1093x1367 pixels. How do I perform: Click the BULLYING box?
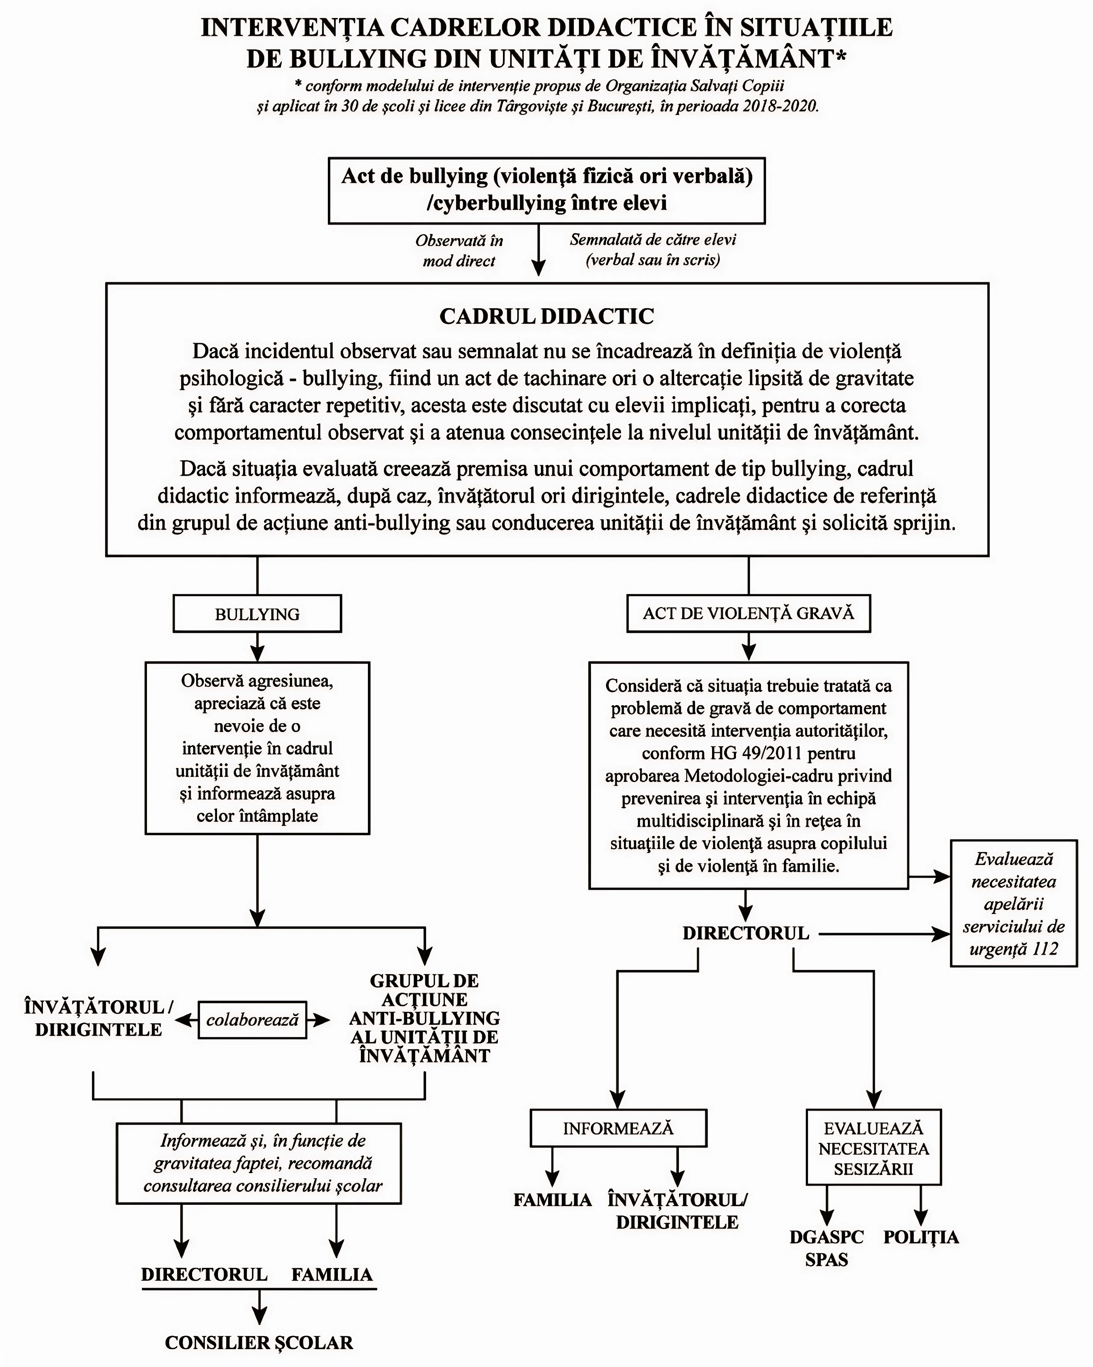coord(257,614)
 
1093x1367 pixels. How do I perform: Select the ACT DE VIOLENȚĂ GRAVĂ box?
coord(748,613)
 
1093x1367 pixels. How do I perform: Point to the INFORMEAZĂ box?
coord(618,1129)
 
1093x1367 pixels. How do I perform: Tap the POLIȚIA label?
coord(921,1237)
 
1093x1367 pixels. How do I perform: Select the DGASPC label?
coord(826,1237)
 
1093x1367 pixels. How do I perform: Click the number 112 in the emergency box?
coord(1044,949)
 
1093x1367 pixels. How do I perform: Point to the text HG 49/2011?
coord(748,753)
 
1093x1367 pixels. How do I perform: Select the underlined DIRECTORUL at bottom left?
coord(204,1274)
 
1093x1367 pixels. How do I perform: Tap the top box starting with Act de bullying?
coord(546,190)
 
